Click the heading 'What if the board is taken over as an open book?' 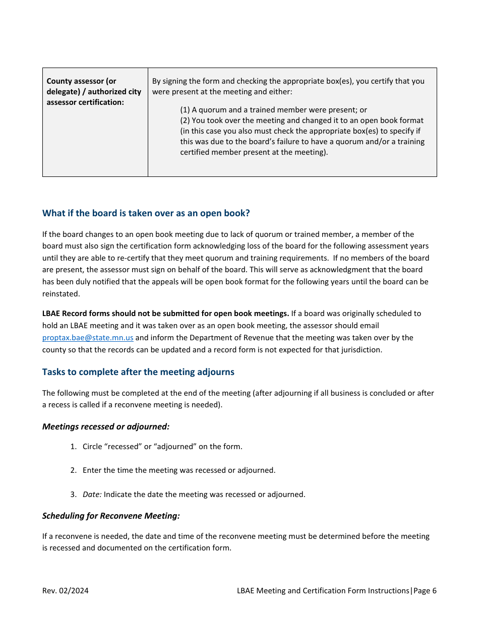coord(146,213)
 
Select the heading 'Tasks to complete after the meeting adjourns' coord(138,372)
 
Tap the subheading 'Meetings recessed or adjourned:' coord(106,426)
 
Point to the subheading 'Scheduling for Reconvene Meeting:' coord(111,516)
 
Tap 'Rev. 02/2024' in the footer coord(65,591)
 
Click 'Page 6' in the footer coord(425,591)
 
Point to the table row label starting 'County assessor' coord(94,92)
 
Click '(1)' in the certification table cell coord(185,110)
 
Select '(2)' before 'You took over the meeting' coord(185,120)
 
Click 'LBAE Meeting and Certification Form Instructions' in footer coord(323,591)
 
